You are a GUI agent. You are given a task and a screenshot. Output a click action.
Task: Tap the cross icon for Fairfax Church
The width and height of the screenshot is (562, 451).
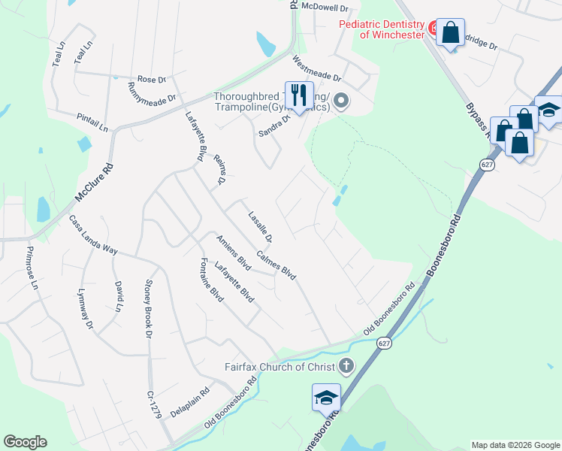click(346, 368)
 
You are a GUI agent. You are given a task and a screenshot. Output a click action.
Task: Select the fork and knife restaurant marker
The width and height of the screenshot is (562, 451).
click(300, 95)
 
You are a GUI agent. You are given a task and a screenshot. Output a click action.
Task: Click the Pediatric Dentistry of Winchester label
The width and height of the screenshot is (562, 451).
click(381, 29)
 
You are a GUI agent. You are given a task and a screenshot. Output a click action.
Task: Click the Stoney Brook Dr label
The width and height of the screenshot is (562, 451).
click(148, 308)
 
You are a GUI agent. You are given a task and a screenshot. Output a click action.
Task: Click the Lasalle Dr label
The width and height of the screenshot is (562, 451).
click(260, 225)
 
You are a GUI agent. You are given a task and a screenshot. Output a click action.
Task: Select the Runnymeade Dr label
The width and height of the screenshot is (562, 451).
click(152, 92)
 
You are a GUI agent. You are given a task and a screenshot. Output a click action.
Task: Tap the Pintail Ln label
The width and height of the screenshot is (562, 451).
click(92, 119)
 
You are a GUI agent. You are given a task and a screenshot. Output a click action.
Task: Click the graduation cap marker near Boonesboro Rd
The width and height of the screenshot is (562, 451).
click(326, 398)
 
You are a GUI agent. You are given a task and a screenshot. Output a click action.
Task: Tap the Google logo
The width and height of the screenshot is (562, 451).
click(25, 442)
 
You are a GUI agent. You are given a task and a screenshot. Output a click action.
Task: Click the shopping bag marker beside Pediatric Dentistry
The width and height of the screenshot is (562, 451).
click(450, 33)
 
